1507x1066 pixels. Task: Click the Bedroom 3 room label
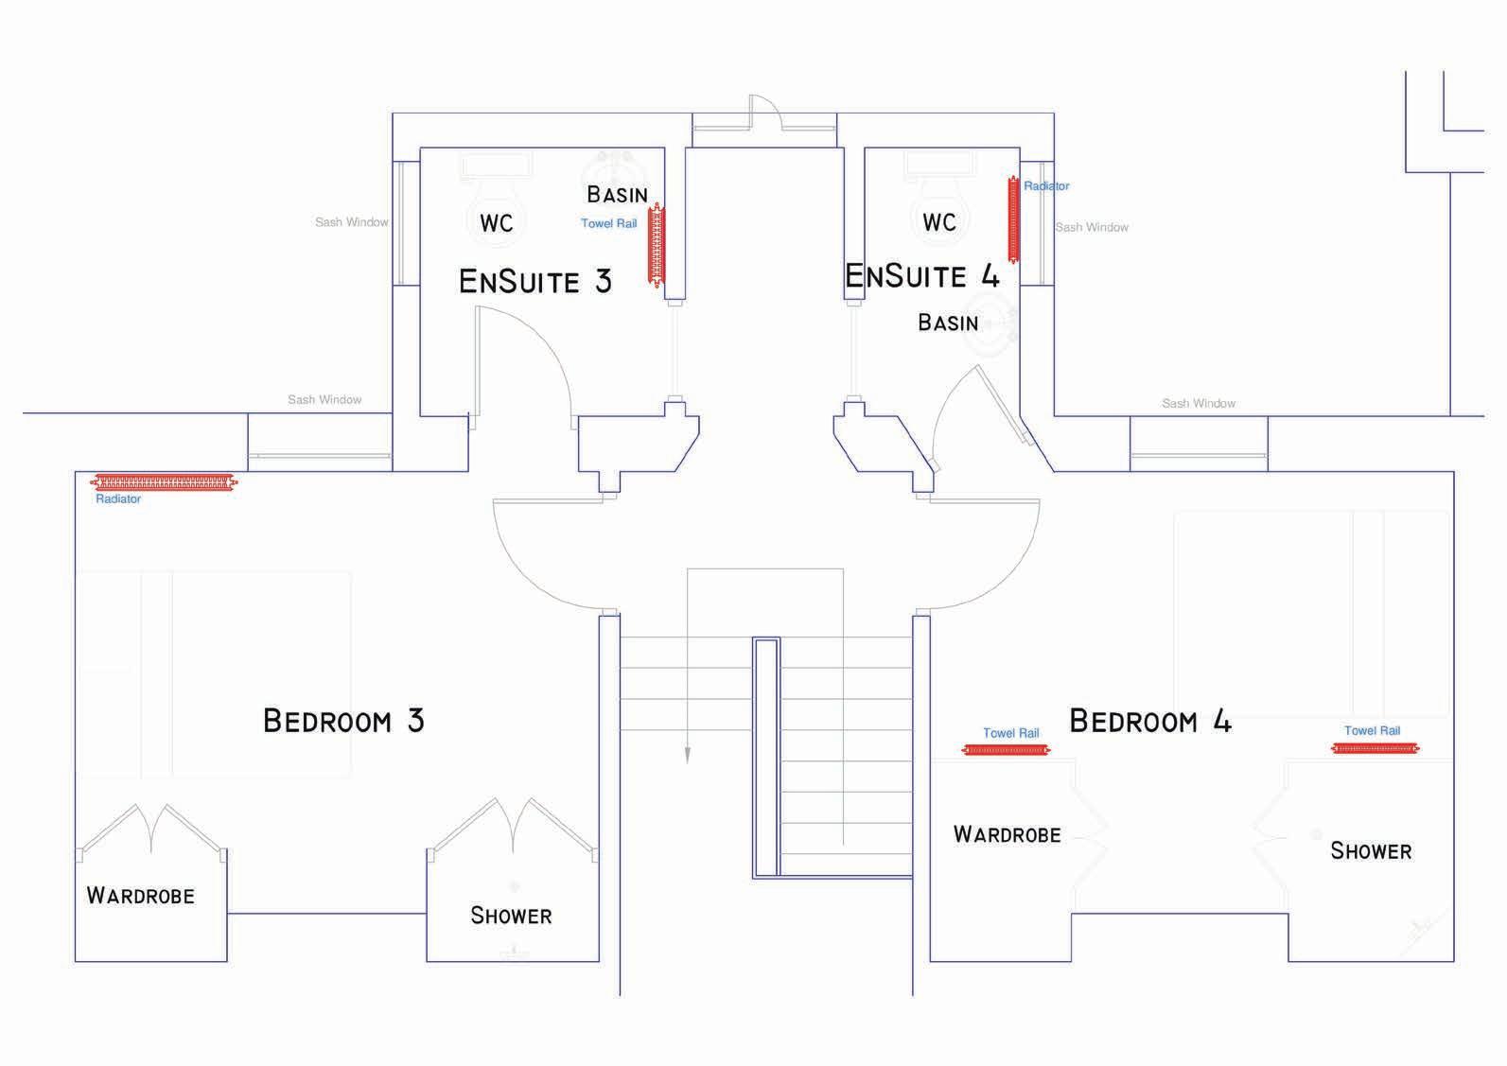[x=343, y=721]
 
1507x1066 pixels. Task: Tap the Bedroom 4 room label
[x=1149, y=722]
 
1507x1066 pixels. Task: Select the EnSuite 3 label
[x=534, y=281]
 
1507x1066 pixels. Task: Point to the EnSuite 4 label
[x=921, y=276]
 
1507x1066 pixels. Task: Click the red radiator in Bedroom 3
[x=164, y=482]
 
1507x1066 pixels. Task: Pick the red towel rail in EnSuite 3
[x=656, y=244]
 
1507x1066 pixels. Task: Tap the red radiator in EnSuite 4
[x=1014, y=219]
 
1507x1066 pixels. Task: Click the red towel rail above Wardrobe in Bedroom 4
[x=1006, y=750]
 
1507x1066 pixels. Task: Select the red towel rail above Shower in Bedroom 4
[x=1375, y=748]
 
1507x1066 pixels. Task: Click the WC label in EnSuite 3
[x=497, y=223]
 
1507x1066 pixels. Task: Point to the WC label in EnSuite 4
[x=939, y=222]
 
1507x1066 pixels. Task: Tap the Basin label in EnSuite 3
[x=617, y=195]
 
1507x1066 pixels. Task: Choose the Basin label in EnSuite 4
[x=948, y=323]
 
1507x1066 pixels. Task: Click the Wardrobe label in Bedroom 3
[x=140, y=896]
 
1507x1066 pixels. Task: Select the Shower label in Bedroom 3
[x=511, y=916]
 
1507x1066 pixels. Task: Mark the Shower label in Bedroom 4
[x=1371, y=851]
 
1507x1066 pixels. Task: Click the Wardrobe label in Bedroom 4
[x=1007, y=834]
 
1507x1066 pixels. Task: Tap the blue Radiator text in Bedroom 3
[x=118, y=499]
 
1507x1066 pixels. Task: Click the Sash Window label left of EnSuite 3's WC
[x=352, y=222]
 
